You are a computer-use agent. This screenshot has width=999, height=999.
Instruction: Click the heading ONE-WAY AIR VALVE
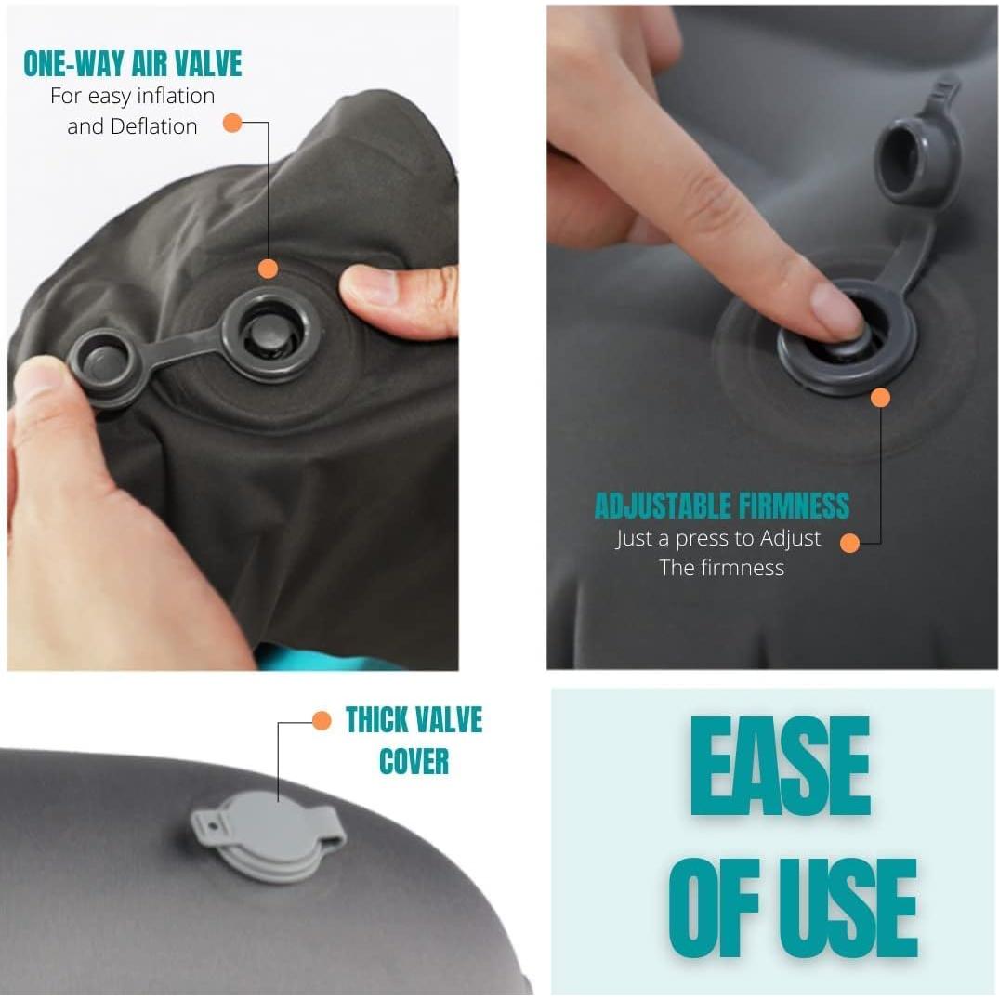pos(132,63)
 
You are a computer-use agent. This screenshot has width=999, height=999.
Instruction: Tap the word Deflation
pos(153,126)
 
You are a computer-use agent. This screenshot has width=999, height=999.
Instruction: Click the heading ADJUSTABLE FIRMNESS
pos(721,506)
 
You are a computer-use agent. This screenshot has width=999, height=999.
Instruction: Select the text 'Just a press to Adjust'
pos(718,538)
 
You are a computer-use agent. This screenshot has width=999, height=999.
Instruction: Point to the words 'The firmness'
pos(721,568)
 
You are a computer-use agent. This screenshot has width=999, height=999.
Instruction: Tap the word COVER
pos(414,761)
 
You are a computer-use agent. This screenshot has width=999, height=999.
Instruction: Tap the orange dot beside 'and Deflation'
pos(232,122)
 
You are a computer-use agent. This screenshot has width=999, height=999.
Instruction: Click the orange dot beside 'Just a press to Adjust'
pos(849,543)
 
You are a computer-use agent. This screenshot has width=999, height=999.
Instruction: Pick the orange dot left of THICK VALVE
pos(322,720)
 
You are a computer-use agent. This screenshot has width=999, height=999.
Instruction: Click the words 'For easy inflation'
pos(132,96)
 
